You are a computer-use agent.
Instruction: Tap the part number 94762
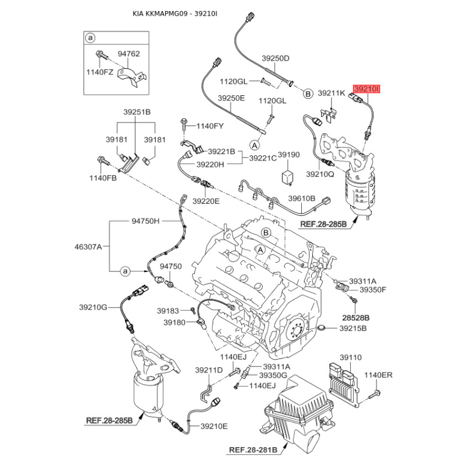tap(129, 54)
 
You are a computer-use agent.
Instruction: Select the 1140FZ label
tap(100, 72)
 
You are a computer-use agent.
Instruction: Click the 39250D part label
tap(276, 58)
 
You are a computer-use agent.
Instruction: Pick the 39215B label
tap(353, 329)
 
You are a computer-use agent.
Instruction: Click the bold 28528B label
tap(356, 318)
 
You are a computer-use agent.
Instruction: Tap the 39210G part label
tap(93, 307)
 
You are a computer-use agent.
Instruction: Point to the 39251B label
tap(137, 111)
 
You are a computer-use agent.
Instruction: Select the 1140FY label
tap(210, 126)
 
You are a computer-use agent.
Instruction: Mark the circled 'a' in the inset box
tap(90, 37)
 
